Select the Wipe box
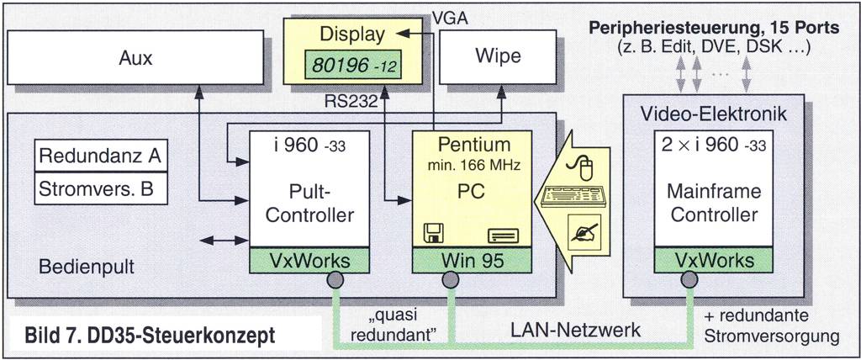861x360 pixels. click(497, 57)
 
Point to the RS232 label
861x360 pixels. click(352, 102)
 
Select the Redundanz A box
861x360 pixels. click(100, 156)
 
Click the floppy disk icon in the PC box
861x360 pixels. click(435, 234)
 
